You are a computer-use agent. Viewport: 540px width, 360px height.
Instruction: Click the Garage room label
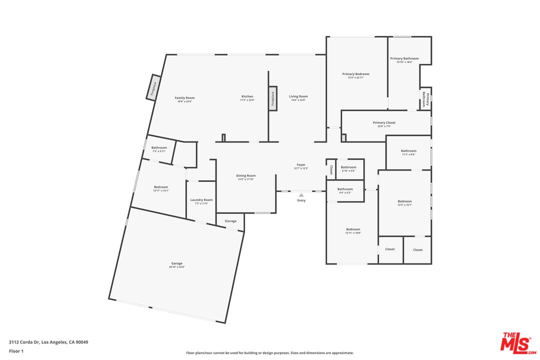click(x=177, y=263)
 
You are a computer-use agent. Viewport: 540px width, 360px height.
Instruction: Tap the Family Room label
click(x=184, y=97)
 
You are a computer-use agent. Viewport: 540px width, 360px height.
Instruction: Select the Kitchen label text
click(x=247, y=96)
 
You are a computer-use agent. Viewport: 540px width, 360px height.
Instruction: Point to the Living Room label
click(x=298, y=96)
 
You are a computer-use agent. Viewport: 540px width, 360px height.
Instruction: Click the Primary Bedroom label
click(x=355, y=74)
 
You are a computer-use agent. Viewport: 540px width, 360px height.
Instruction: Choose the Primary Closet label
click(x=384, y=122)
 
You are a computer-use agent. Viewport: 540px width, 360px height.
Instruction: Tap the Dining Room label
click(x=246, y=175)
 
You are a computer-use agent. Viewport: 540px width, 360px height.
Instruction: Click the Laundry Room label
click(x=201, y=200)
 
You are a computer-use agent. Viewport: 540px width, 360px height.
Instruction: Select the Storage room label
click(x=230, y=221)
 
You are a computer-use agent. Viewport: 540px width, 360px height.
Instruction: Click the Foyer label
click(x=301, y=164)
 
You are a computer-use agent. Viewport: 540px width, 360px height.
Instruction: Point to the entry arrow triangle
click(x=301, y=195)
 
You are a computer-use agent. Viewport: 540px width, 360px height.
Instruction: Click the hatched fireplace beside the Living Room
click(x=273, y=99)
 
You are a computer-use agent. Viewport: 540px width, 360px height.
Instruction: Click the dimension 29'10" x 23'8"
click(x=177, y=267)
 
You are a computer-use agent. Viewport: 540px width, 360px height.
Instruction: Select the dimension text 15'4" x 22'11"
click(x=355, y=77)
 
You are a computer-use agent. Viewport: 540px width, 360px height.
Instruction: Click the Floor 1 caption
click(x=16, y=351)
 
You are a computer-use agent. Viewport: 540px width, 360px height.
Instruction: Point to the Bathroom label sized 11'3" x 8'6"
click(x=408, y=151)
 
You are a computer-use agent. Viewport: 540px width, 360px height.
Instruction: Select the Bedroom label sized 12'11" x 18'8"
click(x=353, y=229)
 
